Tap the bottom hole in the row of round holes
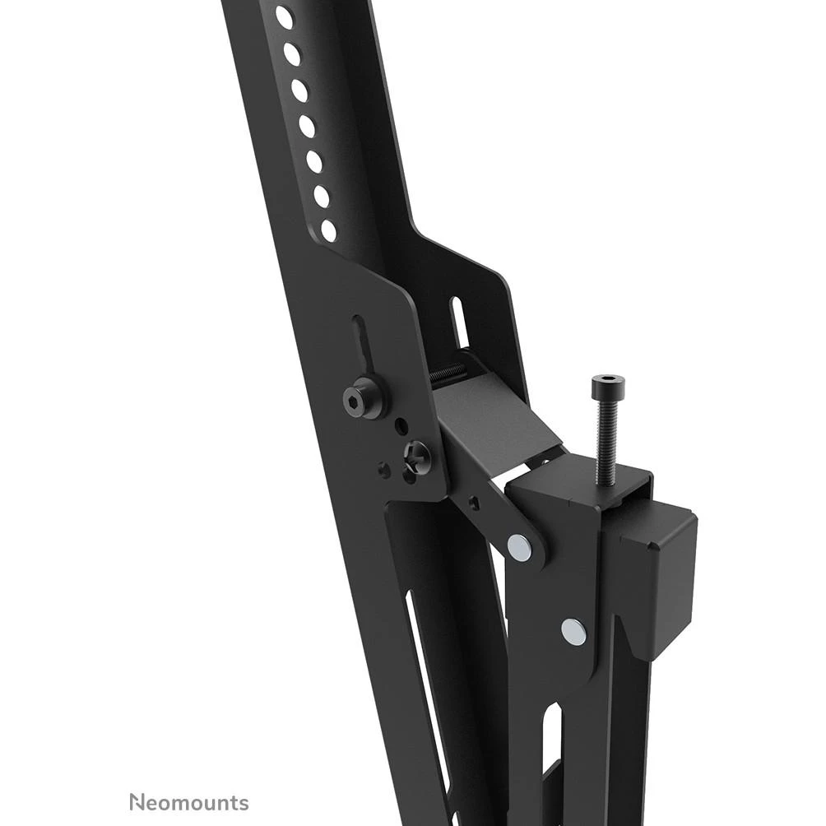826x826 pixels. [328, 230]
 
